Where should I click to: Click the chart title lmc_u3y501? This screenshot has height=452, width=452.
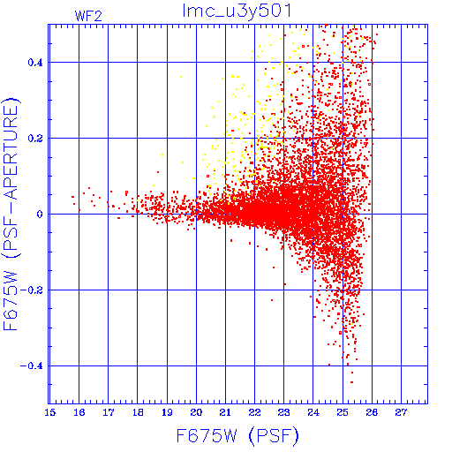pyautogui.click(x=237, y=11)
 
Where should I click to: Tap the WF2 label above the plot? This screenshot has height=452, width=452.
pyautogui.click(x=88, y=16)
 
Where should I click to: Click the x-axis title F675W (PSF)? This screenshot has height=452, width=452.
pyautogui.click(x=237, y=436)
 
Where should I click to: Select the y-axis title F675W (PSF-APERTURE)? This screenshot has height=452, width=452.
pyautogui.click(x=11, y=214)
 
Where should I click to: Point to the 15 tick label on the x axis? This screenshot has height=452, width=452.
pyautogui.click(x=50, y=412)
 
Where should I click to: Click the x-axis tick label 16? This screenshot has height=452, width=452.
pyautogui.click(x=79, y=412)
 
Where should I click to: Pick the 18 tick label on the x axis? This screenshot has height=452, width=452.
pyautogui.click(x=138, y=412)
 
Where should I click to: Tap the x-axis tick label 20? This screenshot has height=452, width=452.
pyautogui.click(x=196, y=412)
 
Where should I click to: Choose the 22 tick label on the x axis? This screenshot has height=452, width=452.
pyautogui.click(x=254, y=412)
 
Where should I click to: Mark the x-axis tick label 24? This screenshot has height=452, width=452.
pyautogui.click(x=313, y=412)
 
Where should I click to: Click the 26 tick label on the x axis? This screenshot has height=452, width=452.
pyautogui.click(x=372, y=412)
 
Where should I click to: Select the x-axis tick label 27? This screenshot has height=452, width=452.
pyautogui.click(x=401, y=412)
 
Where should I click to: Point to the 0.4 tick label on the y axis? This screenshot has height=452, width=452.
pyautogui.click(x=35, y=63)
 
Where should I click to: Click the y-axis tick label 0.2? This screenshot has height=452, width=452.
pyautogui.click(x=35, y=139)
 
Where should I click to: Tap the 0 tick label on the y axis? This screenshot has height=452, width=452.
pyautogui.click(x=40, y=215)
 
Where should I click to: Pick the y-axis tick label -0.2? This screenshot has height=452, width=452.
pyautogui.click(x=32, y=290)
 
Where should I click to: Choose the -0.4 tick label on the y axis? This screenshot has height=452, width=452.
pyautogui.click(x=32, y=366)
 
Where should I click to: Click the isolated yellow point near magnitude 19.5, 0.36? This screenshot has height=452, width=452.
pyautogui.click(x=181, y=77)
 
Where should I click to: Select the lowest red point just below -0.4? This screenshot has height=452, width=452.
pyautogui.click(x=352, y=382)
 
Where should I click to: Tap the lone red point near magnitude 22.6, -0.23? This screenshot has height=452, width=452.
pyautogui.click(x=272, y=300)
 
